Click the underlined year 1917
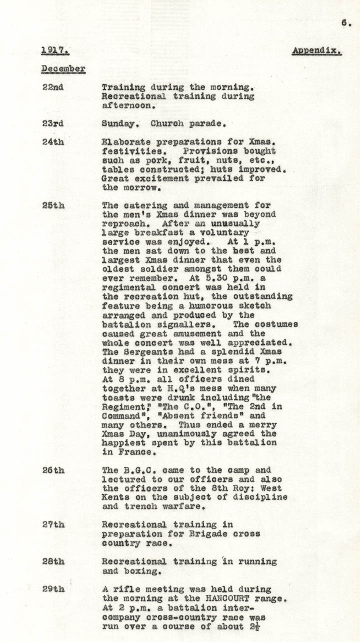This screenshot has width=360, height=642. (x=55, y=50)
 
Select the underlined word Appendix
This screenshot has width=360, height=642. (x=317, y=50)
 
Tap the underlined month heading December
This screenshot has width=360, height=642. (x=63, y=68)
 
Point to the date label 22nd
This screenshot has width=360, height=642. (x=52, y=87)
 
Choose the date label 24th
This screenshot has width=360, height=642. (x=52, y=142)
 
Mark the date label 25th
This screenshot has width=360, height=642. (x=52, y=205)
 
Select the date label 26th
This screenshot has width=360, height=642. (x=52, y=470)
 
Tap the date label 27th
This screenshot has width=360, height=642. (x=52, y=525)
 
